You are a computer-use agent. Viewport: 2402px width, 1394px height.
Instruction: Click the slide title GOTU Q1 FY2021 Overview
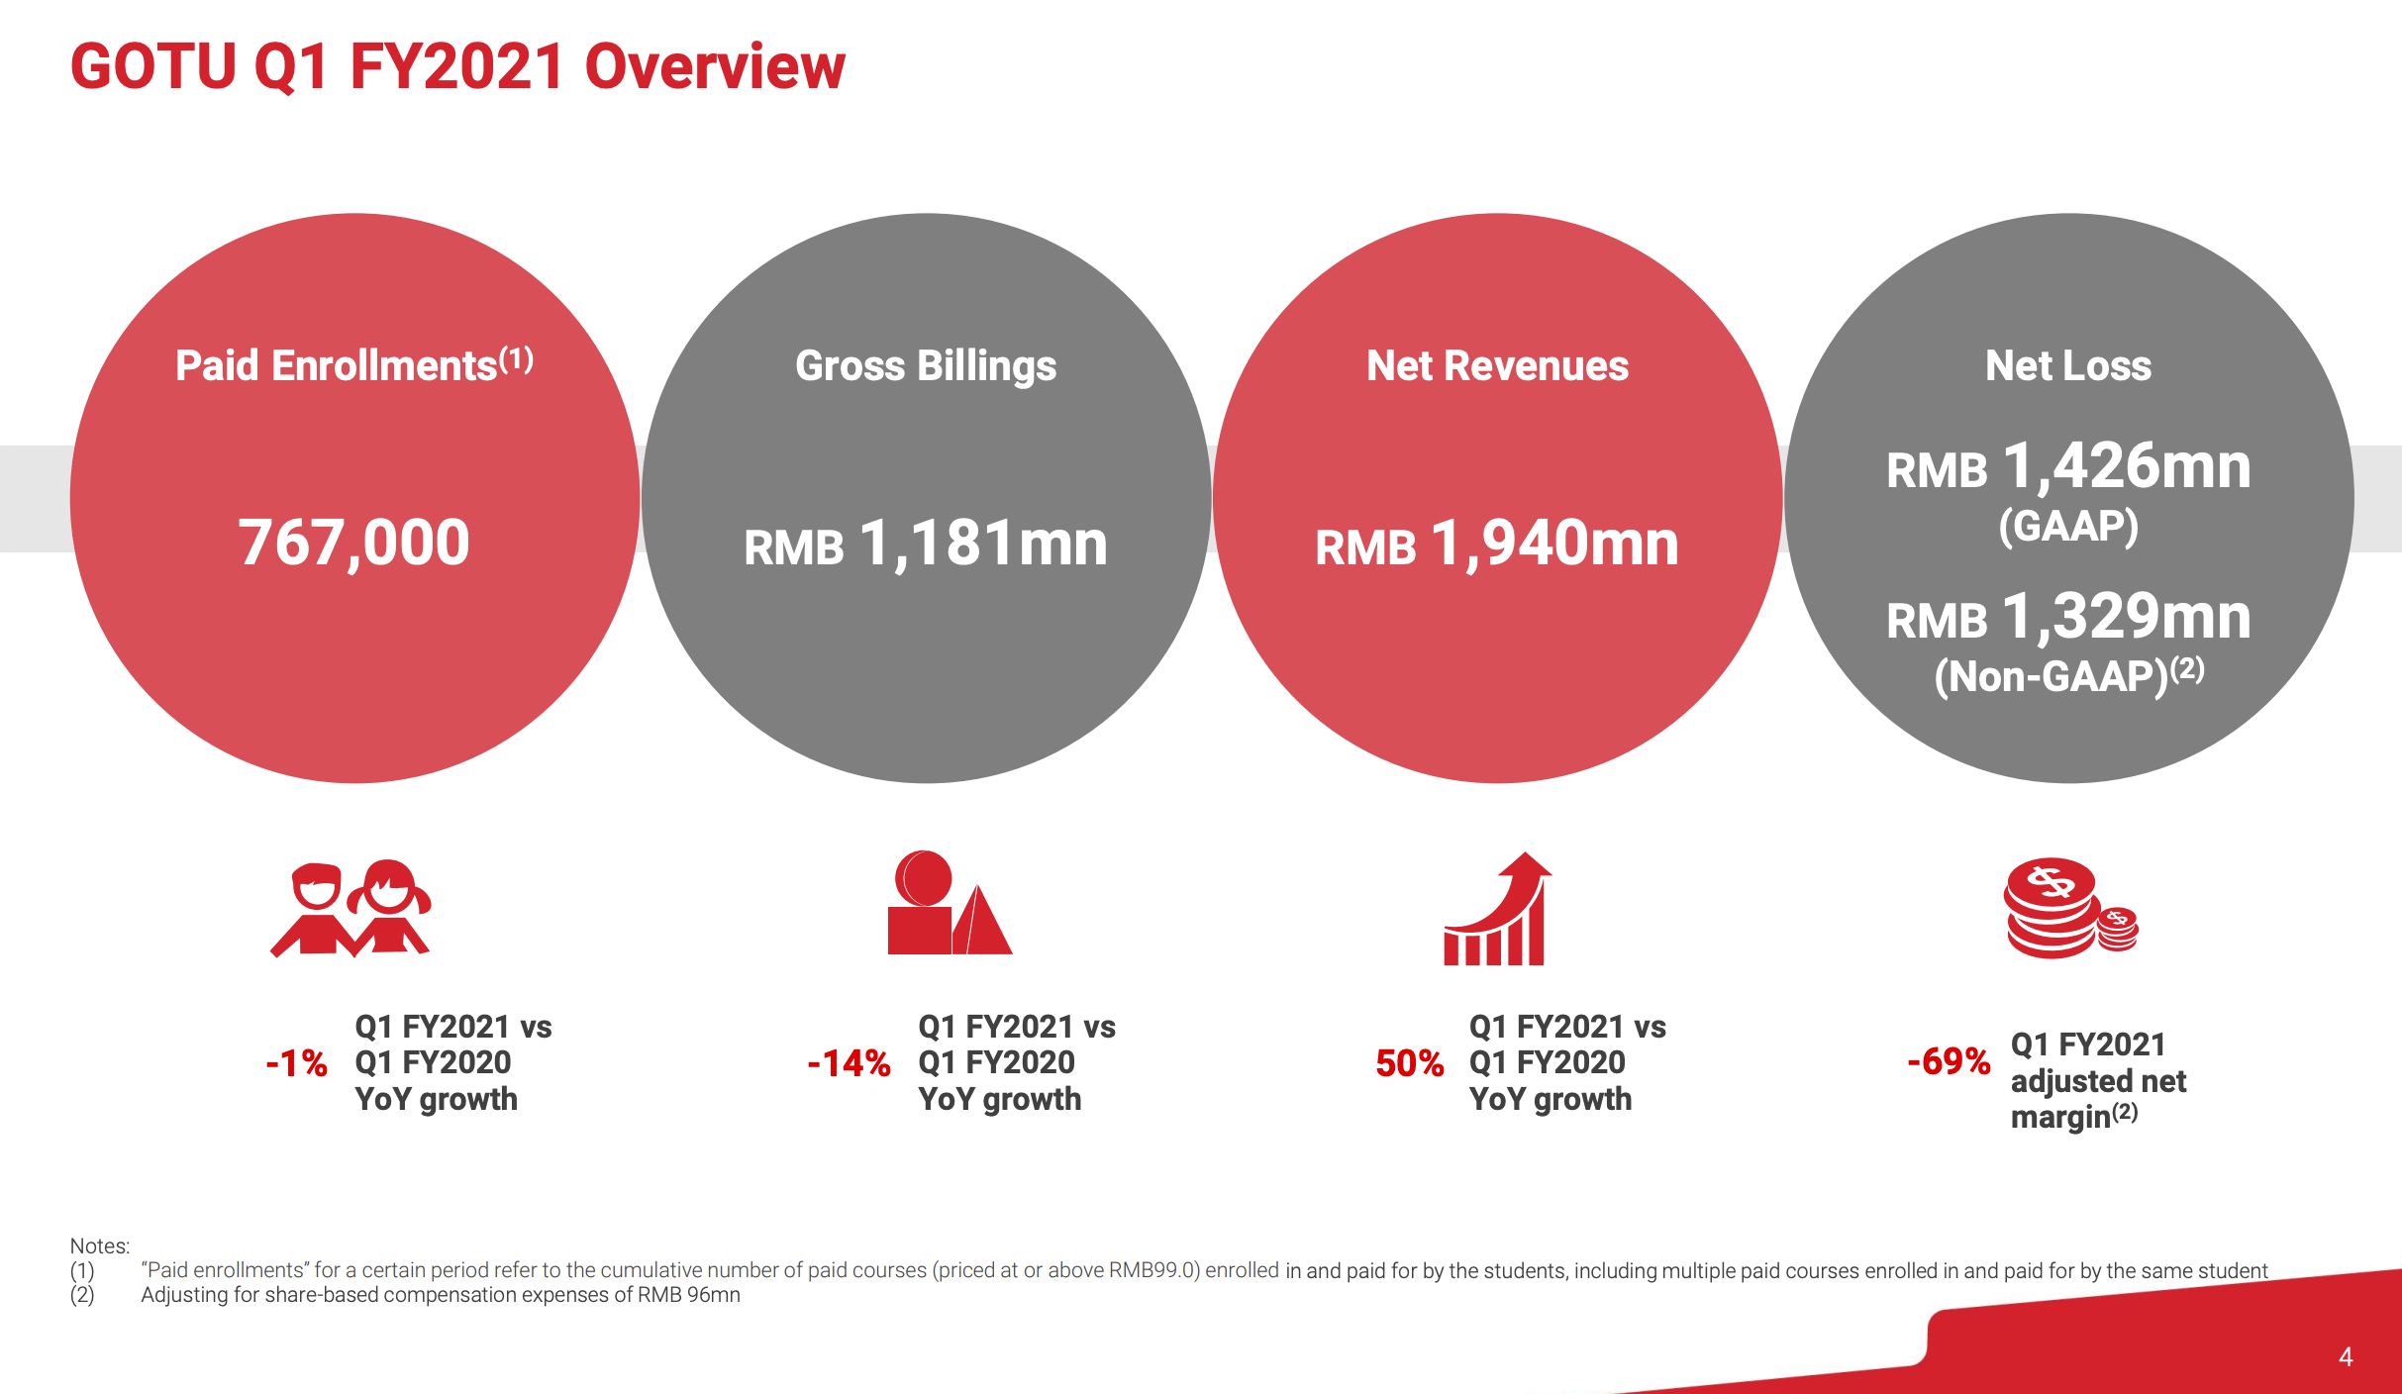(457, 67)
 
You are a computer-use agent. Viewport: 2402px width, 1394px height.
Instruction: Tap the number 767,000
(353, 544)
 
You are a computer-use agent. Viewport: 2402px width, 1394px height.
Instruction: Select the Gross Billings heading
(926, 366)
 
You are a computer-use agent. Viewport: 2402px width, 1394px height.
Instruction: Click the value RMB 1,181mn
(926, 545)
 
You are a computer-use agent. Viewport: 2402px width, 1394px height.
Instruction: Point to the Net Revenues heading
(1497, 366)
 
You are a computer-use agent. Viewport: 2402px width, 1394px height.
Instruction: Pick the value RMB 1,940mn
(1497, 545)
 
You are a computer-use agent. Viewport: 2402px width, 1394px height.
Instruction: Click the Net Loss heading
(2068, 366)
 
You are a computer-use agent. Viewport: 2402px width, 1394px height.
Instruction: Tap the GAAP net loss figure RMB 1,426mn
(2068, 467)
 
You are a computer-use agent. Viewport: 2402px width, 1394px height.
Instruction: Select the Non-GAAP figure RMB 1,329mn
(2068, 618)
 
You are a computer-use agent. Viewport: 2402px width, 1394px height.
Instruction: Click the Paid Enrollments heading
(353, 365)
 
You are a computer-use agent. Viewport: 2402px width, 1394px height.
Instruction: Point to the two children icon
(350, 908)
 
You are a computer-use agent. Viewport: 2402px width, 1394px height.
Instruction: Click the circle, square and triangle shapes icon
(948, 903)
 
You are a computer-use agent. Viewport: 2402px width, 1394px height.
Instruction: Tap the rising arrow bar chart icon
(1496, 909)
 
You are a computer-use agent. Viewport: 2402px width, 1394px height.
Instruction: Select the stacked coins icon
(2070, 908)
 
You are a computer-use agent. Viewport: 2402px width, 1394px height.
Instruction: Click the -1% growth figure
(296, 1063)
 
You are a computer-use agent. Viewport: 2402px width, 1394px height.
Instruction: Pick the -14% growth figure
(849, 1063)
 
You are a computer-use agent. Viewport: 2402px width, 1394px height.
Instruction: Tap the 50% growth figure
(1409, 1063)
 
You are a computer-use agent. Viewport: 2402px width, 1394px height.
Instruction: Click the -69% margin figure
(1949, 1061)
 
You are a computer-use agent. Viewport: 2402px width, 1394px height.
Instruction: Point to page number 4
(2346, 1356)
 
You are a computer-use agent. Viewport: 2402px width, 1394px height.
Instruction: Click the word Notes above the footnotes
(99, 1245)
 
